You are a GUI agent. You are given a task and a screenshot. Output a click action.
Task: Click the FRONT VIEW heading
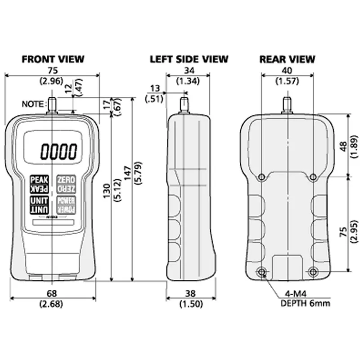pyautogui.click(x=53, y=59)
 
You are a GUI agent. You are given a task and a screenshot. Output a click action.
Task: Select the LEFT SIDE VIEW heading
pyautogui.click(x=189, y=59)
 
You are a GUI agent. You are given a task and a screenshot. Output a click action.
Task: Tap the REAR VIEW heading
pyautogui.click(x=287, y=59)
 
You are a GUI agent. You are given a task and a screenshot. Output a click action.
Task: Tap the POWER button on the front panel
pyautogui.click(x=66, y=205)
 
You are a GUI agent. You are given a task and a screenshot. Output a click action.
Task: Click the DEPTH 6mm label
pyautogui.click(x=305, y=303)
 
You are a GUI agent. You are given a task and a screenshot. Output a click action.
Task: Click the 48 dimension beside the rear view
pyautogui.click(x=343, y=147)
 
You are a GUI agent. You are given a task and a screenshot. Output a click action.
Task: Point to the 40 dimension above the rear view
pyautogui.click(x=287, y=70)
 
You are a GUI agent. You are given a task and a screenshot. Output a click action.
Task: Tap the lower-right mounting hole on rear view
pyautogui.click(x=314, y=271)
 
